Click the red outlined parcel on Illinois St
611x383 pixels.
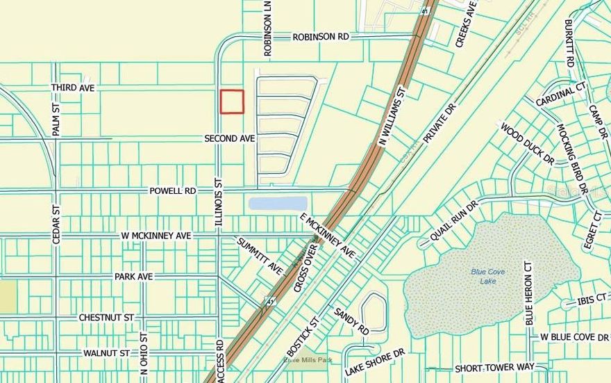232,101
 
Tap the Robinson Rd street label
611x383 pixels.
320,37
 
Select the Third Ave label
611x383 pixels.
72,88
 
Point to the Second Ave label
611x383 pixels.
229,139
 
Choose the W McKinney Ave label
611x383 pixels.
155,236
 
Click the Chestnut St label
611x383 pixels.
106,318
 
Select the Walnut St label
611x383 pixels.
106,353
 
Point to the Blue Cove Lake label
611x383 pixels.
488,276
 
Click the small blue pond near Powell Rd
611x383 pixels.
278,204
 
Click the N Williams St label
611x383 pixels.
392,115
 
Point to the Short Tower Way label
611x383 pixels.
494,368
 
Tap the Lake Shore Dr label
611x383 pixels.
375,361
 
